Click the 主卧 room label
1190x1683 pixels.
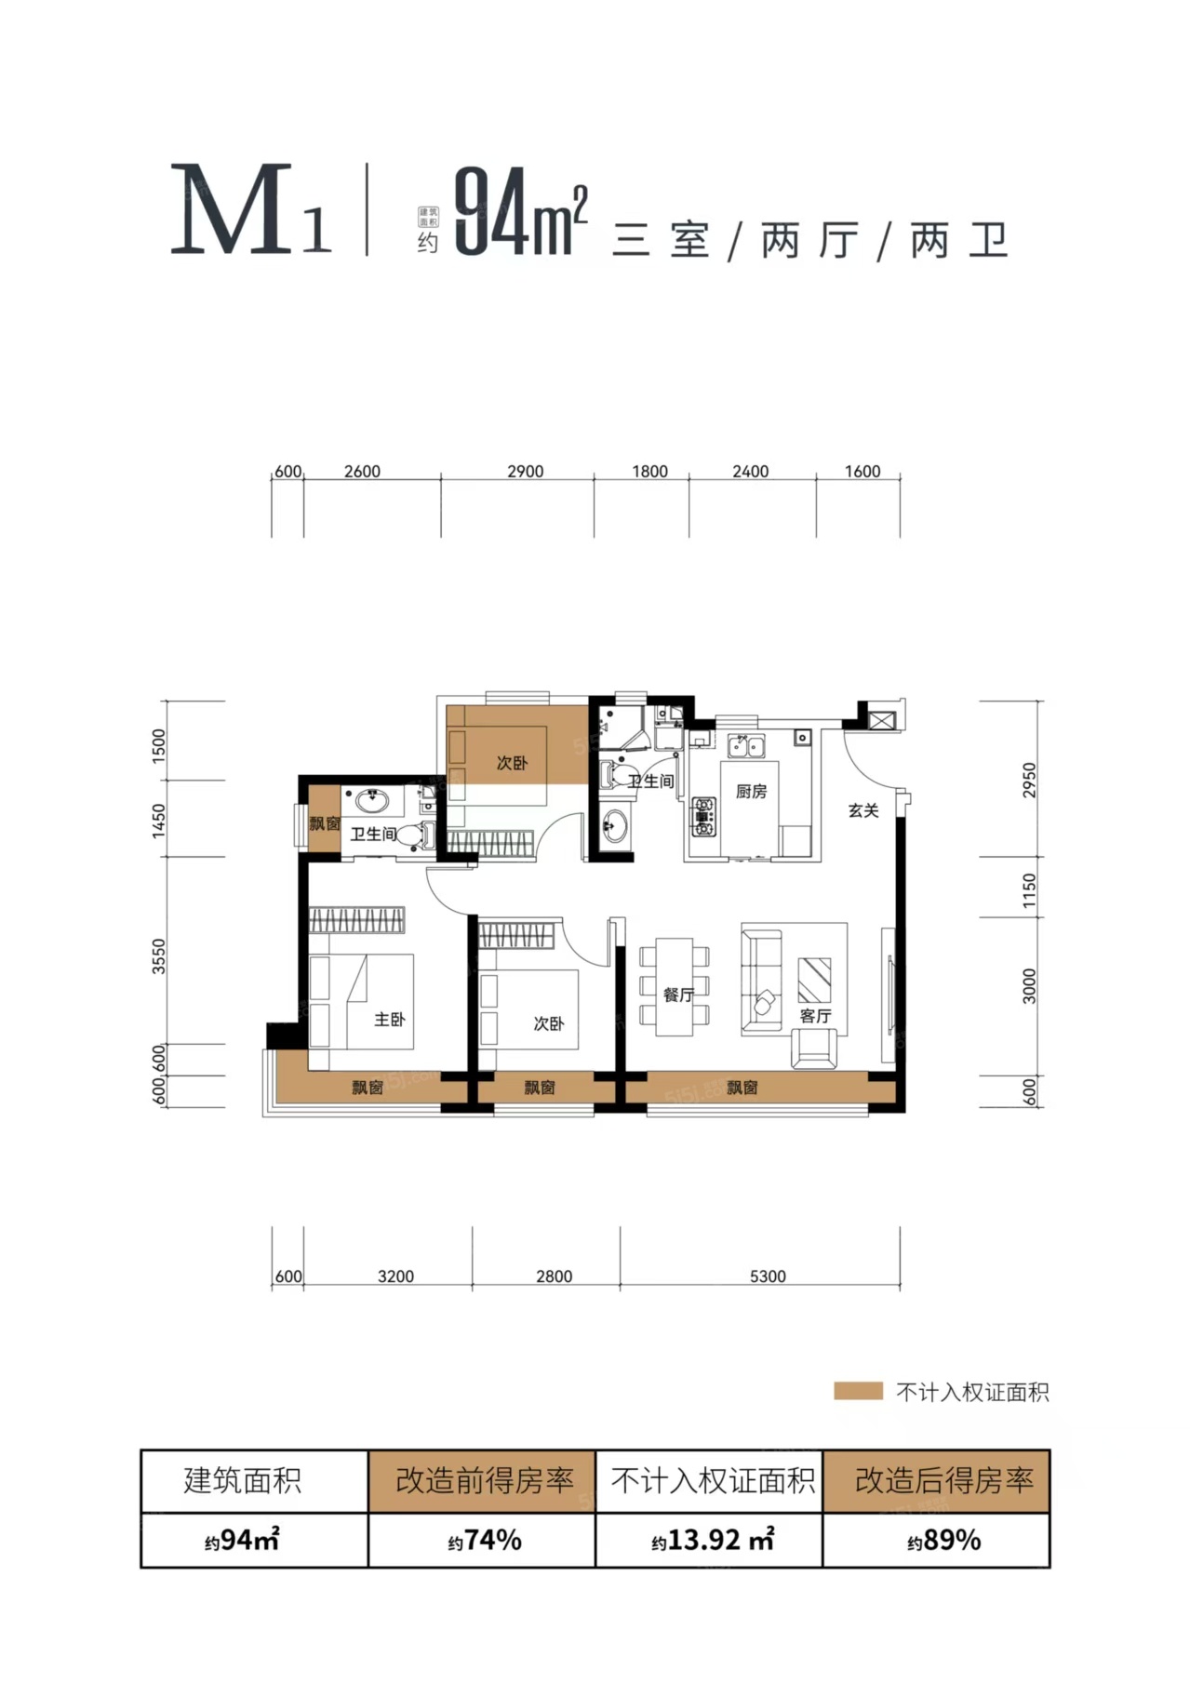pyautogui.click(x=389, y=1020)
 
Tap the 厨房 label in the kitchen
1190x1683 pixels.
pyautogui.click(x=751, y=792)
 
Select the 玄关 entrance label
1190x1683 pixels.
pyautogui.click(x=863, y=810)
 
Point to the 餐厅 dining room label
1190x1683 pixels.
pyautogui.click(x=678, y=995)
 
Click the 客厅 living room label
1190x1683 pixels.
pyautogui.click(x=815, y=1016)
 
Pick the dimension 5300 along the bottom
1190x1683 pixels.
pyautogui.click(x=768, y=1276)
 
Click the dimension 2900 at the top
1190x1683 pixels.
pyautogui.click(x=525, y=472)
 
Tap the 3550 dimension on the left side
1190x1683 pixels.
pyautogui.click(x=159, y=956)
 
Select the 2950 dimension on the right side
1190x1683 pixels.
pyautogui.click(x=1028, y=781)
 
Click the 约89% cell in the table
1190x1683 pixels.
pyautogui.click(x=944, y=1541)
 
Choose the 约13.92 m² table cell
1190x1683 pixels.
pyautogui.click(x=713, y=1541)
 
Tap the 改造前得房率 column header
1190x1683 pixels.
pyautogui.click(x=484, y=1480)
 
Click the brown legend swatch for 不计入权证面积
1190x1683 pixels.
pyautogui.click(x=858, y=1392)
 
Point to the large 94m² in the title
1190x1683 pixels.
pyautogui.click(x=521, y=212)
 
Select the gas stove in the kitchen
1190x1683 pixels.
pyautogui.click(x=703, y=816)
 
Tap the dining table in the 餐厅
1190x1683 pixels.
pyautogui.click(x=675, y=986)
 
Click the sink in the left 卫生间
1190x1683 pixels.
pyautogui.click(x=374, y=799)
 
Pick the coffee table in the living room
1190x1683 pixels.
pyautogui.click(x=814, y=979)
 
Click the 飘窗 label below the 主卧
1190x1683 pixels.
pyautogui.click(x=367, y=1087)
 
